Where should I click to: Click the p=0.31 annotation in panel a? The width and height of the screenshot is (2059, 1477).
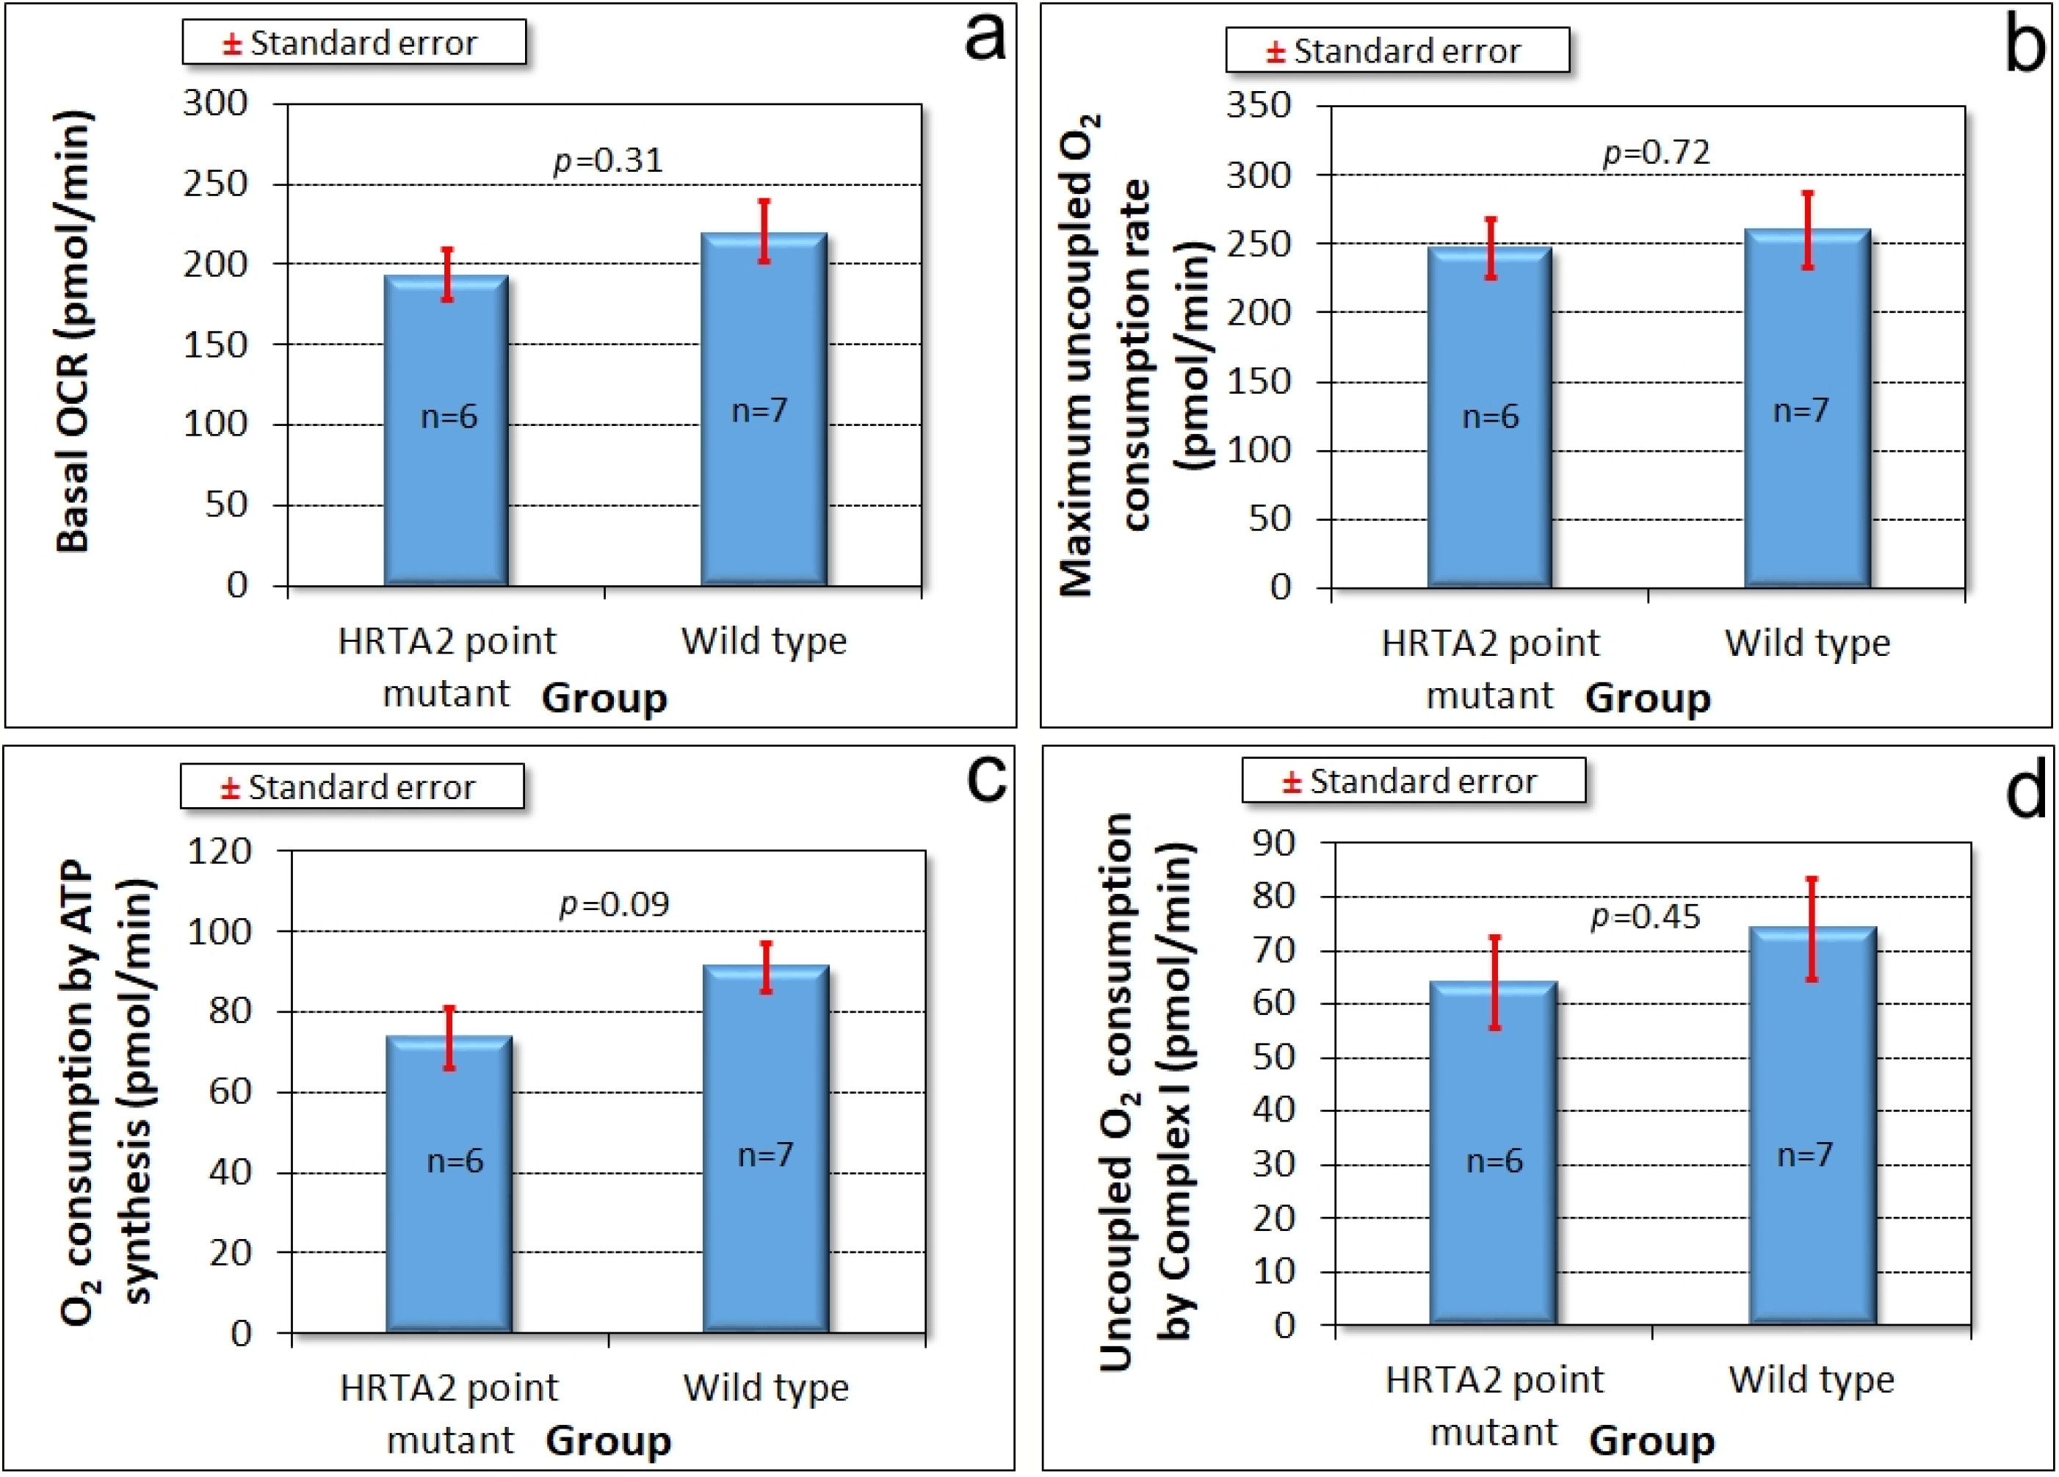608,161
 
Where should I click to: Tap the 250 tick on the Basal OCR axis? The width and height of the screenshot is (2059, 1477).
215,184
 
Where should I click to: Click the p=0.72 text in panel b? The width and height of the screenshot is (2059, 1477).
1656,151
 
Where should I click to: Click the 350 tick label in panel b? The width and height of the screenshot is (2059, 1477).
1259,105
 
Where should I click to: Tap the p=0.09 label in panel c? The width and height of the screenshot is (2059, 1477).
614,904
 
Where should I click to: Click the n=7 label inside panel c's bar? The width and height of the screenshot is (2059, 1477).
765,1155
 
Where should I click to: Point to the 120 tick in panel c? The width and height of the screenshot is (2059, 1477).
219,851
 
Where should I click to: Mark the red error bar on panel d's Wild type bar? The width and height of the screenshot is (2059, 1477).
1811,930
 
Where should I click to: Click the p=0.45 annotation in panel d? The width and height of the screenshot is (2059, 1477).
1645,917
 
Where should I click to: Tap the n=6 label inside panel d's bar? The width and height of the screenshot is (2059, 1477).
1494,1161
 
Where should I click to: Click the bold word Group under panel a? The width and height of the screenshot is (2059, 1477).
604,698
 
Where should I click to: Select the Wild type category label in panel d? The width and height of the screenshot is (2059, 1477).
1811,1381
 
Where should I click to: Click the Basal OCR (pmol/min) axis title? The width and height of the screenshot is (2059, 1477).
74,331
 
